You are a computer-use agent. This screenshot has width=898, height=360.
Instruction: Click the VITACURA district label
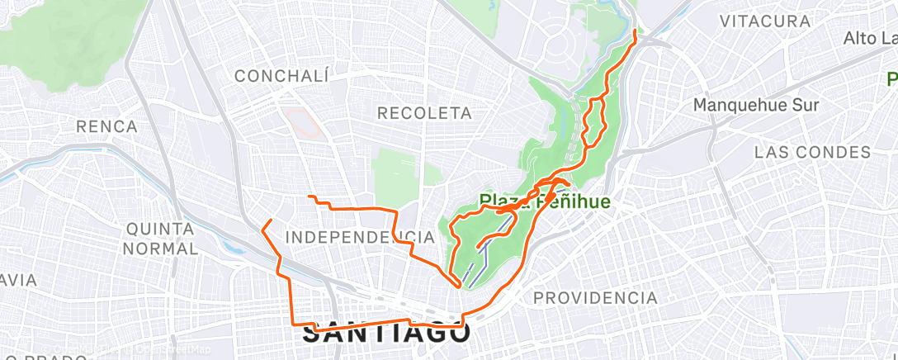(763, 21)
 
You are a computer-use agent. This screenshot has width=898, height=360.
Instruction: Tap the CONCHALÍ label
(281, 76)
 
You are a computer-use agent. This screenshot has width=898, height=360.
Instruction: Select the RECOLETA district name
(424, 112)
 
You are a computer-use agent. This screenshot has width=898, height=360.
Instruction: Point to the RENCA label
(106, 126)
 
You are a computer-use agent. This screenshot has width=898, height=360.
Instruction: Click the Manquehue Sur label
(755, 105)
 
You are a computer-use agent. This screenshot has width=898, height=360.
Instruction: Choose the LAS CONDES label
(812, 153)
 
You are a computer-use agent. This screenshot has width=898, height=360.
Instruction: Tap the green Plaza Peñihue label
(545, 201)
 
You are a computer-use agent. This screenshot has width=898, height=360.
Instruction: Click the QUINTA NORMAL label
(161, 237)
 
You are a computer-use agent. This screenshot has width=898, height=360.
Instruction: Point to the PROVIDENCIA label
(595, 297)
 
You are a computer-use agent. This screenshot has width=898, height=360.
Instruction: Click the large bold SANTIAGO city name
(386, 334)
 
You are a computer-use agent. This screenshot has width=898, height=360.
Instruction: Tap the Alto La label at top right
(869, 39)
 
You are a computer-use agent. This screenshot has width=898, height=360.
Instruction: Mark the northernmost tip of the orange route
(635, 31)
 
